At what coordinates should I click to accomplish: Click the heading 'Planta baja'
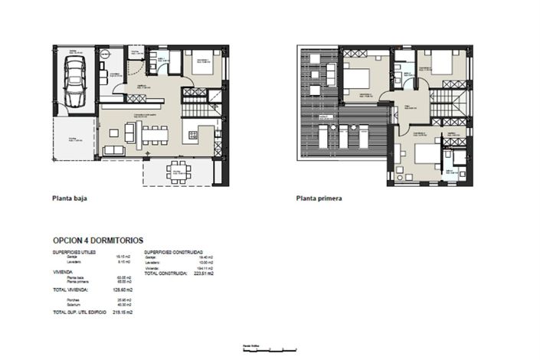coord(69,198)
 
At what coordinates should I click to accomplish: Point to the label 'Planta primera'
coord(319,198)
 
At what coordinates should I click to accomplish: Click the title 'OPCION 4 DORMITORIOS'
coord(97,241)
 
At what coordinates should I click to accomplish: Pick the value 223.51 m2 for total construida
coord(203,273)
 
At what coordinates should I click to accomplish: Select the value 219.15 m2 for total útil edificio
coord(123,313)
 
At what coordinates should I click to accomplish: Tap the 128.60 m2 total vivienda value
coord(123,290)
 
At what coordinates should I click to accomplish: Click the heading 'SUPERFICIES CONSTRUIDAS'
coord(172,251)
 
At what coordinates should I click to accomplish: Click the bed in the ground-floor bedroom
coord(204,66)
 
